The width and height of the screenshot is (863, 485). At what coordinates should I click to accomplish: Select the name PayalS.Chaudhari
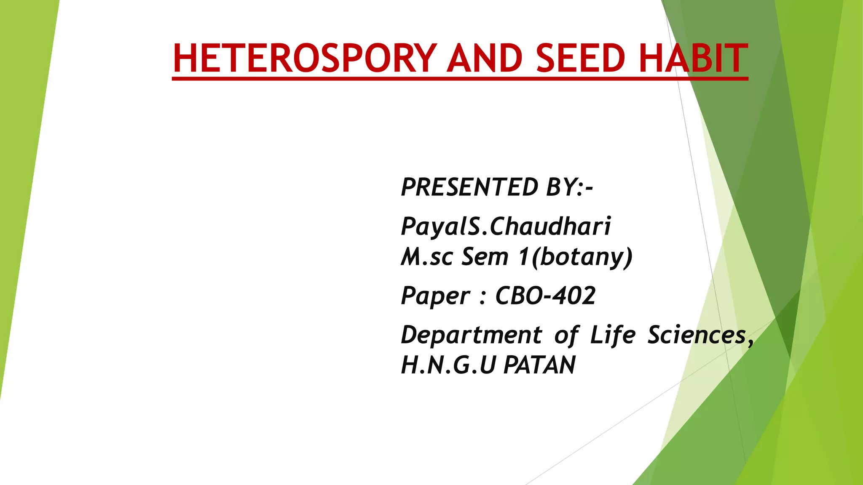[x=506, y=226]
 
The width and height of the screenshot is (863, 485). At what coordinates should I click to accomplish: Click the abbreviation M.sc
[x=427, y=256]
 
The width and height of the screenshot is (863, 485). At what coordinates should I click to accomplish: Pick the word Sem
[x=485, y=256]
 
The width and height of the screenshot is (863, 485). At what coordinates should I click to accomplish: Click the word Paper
[x=435, y=296]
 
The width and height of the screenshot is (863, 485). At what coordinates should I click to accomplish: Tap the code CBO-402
[x=545, y=296]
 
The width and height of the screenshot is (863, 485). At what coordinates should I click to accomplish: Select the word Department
[x=471, y=335]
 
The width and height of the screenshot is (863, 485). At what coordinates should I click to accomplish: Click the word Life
[x=612, y=335]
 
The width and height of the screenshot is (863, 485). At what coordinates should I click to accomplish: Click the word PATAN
[x=540, y=365]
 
